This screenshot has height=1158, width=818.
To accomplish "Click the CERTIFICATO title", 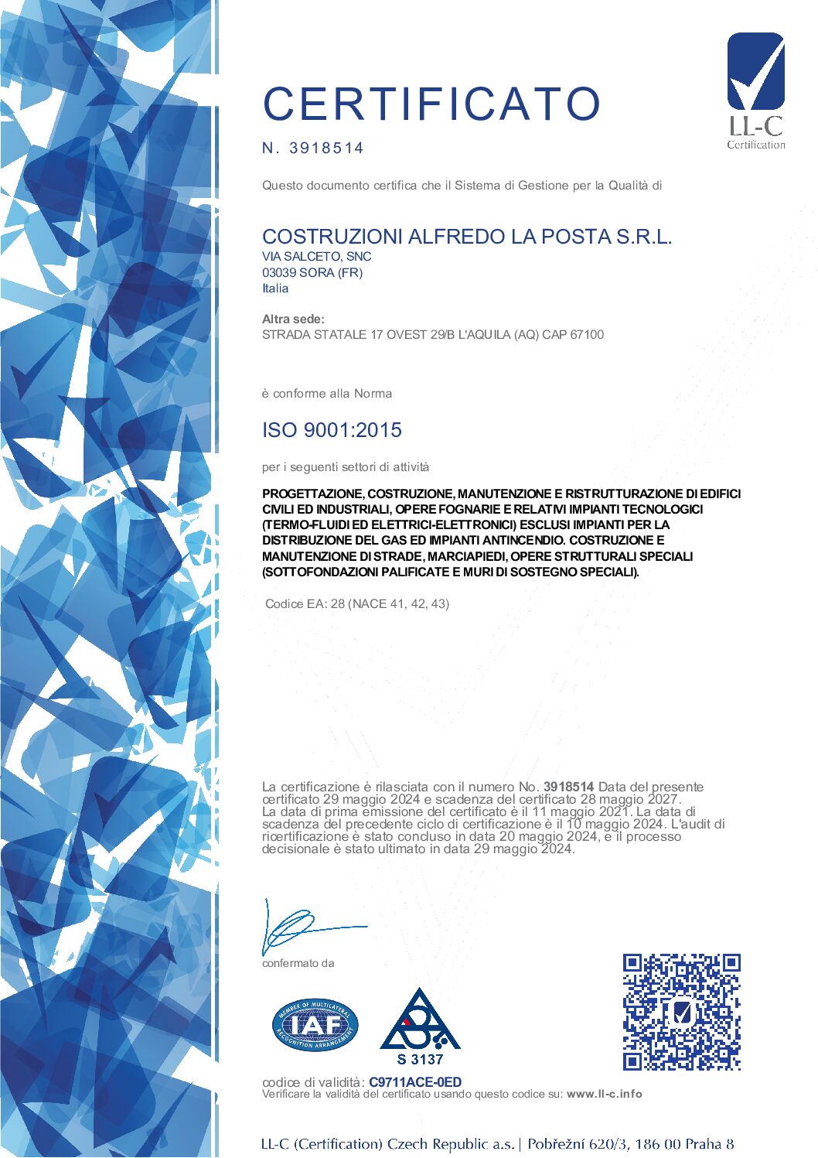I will [x=431, y=104].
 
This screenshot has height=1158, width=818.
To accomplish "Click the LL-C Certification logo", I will [x=755, y=91].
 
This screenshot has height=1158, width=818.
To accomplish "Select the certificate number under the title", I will [x=325, y=148].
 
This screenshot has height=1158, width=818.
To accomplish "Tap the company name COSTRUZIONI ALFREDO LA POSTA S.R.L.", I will [x=467, y=237].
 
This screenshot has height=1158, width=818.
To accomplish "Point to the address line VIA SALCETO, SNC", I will [x=316, y=256].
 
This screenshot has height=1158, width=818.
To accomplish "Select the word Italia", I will [x=275, y=289].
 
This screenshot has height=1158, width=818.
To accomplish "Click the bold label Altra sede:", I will [x=293, y=319].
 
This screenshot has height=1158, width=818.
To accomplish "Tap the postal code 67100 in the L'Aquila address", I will [x=587, y=335].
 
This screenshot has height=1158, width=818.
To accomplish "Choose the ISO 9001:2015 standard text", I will [x=332, y=430].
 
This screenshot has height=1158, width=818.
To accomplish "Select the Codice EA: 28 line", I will [x=357, y=603].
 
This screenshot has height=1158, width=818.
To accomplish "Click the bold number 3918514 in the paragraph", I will [x=568, y=787].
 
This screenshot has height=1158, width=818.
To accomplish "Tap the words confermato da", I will [x=298, y=963].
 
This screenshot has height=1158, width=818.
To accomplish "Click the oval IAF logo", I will [x=315, y=1025].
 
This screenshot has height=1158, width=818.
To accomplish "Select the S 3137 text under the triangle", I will [x=420, y=1059].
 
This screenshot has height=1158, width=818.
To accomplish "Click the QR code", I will [x=681, y=1012].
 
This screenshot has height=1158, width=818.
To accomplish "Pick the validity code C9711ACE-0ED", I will [x=415, y=1082].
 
